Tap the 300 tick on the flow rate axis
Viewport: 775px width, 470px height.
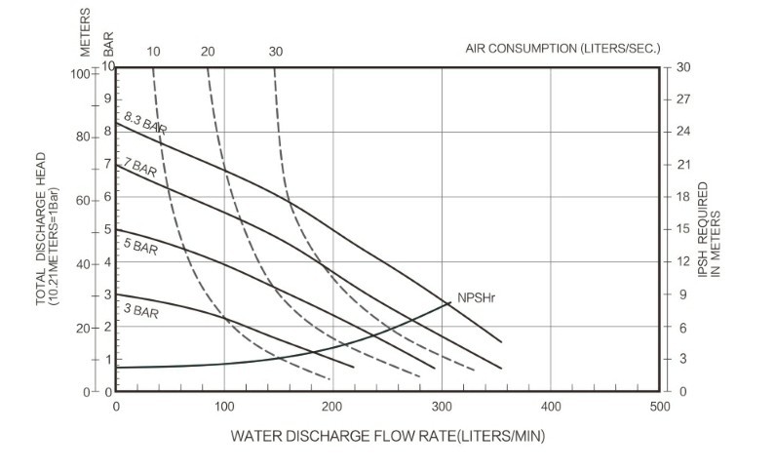[443, 405]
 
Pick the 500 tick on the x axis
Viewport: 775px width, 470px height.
[660, 405]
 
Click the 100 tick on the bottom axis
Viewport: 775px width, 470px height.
[224, 405]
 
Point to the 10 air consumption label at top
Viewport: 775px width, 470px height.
[153, 51]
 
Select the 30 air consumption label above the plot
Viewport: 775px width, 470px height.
[276, 51]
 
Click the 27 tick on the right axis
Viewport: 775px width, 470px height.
[682, 99]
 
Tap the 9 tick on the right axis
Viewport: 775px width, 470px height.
[682, 294]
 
